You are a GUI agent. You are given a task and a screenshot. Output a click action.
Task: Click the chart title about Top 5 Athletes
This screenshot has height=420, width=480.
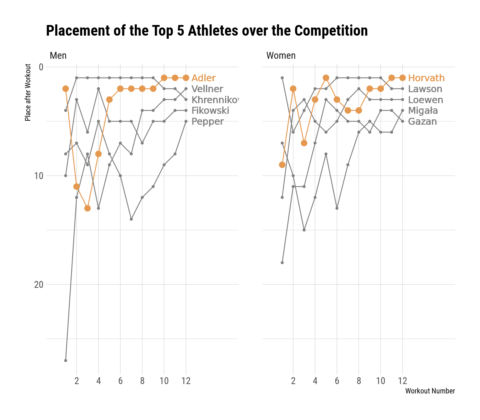[x=207, y=31]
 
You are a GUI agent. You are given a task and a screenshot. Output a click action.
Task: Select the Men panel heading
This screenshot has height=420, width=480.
[x=58, y=56]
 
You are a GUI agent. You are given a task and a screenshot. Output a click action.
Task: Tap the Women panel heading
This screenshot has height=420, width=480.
[x=281, y=56]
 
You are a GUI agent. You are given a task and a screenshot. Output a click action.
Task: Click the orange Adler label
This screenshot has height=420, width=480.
[x=203, y=78]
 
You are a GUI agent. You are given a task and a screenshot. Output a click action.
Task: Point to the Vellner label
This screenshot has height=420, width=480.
[x=207, y=89]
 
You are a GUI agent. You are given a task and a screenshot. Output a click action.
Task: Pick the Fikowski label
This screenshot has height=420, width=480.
[x=210, y=111]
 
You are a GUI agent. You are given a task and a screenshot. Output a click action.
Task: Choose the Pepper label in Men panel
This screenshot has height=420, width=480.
[x=207, y=122]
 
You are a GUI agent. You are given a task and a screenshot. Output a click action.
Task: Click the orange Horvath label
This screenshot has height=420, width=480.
[x=426, y=78]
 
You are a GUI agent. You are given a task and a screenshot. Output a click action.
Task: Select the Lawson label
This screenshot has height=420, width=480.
[x=425, y=89]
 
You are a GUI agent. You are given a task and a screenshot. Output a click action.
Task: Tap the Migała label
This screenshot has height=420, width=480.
[x=423, y=111]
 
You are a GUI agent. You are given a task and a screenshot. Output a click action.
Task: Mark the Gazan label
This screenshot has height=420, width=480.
[x=422, y=122]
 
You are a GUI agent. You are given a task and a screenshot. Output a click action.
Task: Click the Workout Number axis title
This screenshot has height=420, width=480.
[x=430, y=391]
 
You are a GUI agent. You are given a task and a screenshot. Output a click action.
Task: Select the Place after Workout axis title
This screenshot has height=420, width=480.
[x=28, y=92]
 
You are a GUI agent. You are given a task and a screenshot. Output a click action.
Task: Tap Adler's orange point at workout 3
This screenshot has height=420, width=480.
[x=87, y=208]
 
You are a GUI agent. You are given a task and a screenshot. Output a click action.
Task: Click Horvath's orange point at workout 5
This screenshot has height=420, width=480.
[x=326, y=78]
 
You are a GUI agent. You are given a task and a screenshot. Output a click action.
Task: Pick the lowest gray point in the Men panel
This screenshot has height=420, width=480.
[x=66, y=360]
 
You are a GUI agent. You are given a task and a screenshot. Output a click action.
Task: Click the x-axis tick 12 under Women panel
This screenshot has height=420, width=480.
[x=402, y=381]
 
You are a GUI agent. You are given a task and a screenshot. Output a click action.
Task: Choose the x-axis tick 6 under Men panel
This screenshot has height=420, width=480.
[x=120, y=381]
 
